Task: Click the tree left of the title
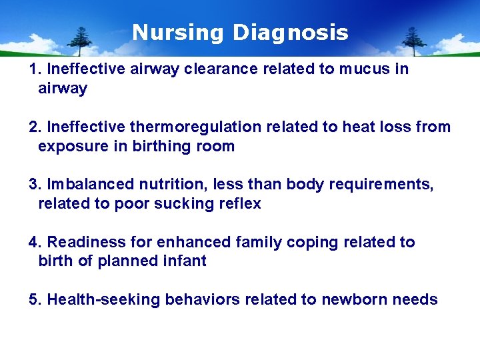(x=82, y=41)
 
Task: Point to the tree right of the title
(x=413, y=41)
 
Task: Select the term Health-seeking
(x=104, y=299)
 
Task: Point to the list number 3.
(x=34, y=184)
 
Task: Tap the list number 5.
(x=34, y=299)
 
